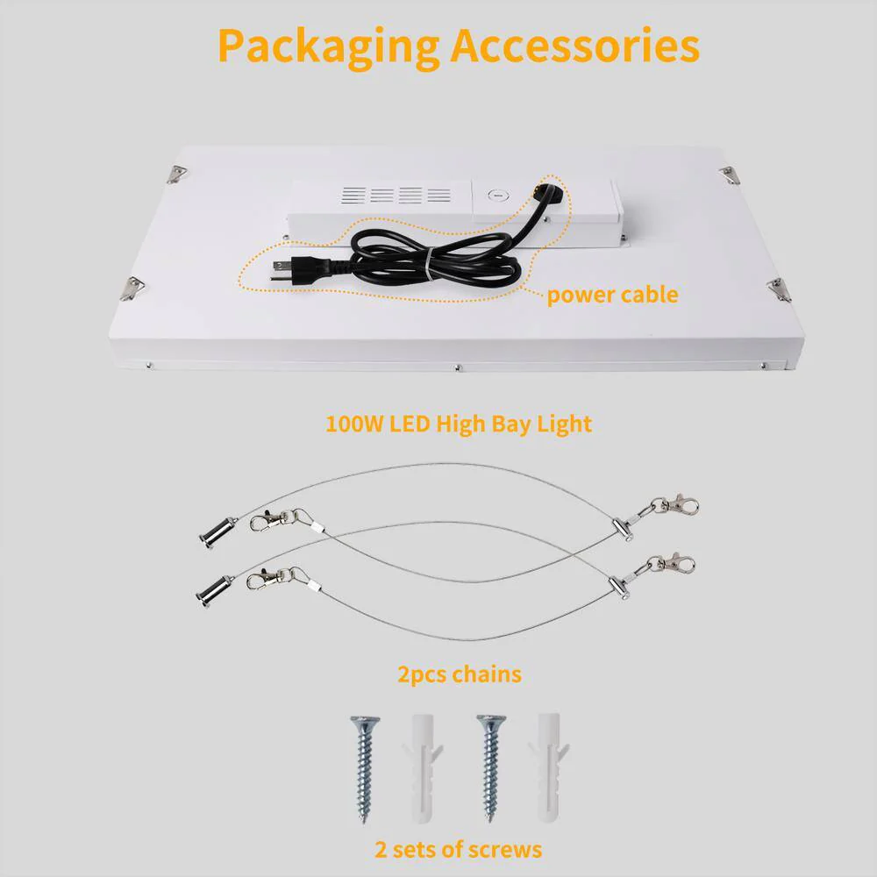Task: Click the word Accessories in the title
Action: click(575, 45)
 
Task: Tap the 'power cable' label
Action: click(612, 295)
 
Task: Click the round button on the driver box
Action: click(496, 196)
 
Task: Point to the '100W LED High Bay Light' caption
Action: click(459, 424)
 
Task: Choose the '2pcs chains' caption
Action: click(460, 674)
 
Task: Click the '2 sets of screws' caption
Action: click(458, 849)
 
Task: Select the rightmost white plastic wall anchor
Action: click(548, 767)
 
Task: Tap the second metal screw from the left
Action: click(491, 767)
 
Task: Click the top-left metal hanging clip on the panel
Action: click(177, 175)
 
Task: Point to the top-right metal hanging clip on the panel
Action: click(730, 175)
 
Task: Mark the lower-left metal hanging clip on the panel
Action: click(132, 288)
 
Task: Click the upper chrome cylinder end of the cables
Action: click(216, 533)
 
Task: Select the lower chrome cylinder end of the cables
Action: click(213, 591)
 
